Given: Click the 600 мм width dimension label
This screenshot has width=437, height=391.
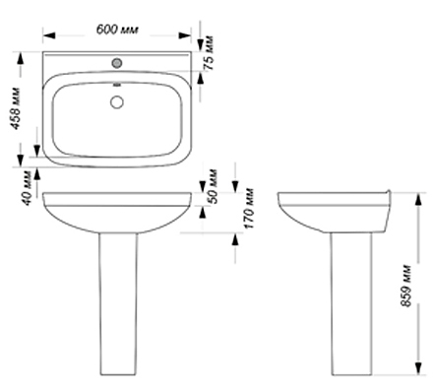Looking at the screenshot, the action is point(117,30).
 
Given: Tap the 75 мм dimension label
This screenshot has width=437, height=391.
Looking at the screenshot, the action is point(209,52).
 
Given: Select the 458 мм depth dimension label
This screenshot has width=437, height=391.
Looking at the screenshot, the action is point(15,108).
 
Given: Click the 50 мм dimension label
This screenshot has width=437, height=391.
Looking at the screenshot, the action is point(213,186).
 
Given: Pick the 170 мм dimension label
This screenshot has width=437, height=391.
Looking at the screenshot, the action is point(249,208).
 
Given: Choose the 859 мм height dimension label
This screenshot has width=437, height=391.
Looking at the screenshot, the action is point(406,285).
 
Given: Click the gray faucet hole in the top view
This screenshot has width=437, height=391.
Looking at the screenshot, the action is point(117,63).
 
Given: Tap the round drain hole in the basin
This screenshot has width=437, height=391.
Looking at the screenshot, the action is point(117,102).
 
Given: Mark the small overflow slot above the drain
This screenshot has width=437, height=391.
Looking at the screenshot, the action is point(117,86).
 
